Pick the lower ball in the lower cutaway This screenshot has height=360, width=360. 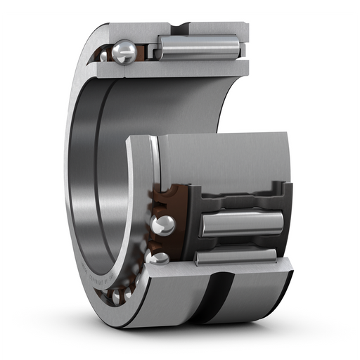point(158,258)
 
